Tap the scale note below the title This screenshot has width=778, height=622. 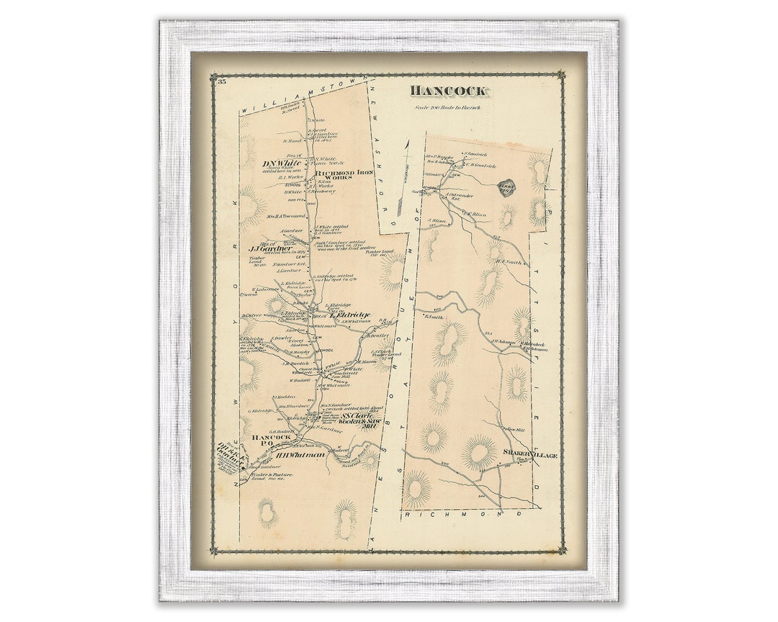pos(447,108)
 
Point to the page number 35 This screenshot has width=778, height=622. pos(222,81)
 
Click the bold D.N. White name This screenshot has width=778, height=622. pos(282,163)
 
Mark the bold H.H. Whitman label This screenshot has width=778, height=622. pos(301,454)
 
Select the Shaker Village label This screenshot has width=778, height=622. pos(530,455)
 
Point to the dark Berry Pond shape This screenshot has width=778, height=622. pos(507,188)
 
